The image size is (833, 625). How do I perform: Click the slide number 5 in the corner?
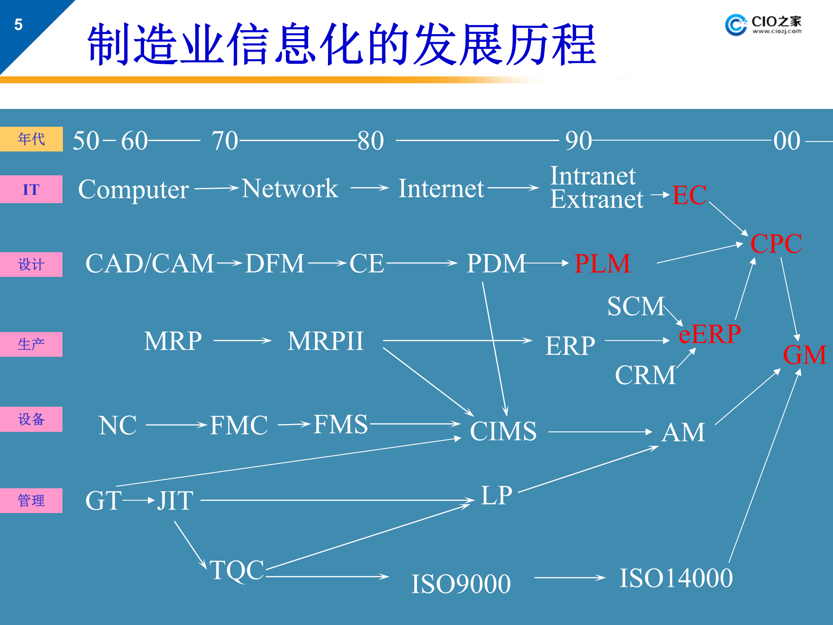pos(18,25)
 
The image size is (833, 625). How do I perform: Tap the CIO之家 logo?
pos(763,25)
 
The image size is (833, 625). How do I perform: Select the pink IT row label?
pos(31,189)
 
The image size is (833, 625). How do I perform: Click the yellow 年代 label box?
pos(31,139)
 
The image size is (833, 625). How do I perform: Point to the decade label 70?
pos(225,141)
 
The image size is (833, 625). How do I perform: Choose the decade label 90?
pos(578,141)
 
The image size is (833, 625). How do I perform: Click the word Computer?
pos(133,189)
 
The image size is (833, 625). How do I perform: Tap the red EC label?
pos(689,195)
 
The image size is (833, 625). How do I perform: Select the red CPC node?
pos(776,243)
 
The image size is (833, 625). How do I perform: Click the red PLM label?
pos(602,263)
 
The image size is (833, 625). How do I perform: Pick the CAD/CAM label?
pos(150,263)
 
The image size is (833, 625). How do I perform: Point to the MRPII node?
pos(325,341)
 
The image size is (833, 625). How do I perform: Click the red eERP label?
pos(710,334)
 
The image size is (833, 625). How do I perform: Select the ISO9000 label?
pos(461,584)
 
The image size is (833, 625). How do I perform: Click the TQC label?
pos(237,570)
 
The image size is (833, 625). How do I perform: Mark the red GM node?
pos(804,355)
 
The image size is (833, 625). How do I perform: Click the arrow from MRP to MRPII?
pos(243,341)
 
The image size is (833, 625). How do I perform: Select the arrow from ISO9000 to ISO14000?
pos(570,578)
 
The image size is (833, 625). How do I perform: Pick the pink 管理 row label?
pos(31,500)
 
